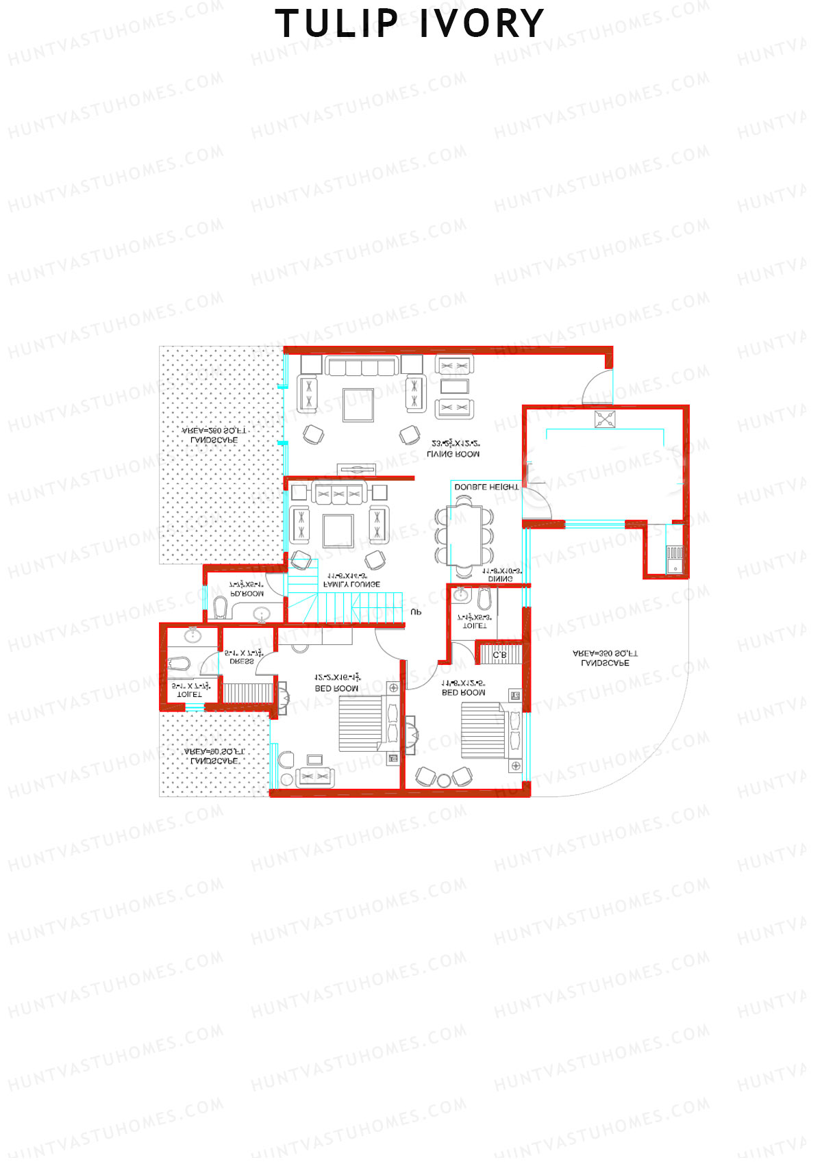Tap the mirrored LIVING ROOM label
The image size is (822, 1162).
453,454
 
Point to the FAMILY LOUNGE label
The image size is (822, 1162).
351,585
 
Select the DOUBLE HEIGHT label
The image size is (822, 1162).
486,487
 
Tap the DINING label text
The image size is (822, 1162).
500,579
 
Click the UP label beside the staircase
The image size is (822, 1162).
416,612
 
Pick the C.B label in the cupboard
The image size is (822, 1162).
499,655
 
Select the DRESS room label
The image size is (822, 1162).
242,661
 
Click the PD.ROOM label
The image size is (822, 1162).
247,594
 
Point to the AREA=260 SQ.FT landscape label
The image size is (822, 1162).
214,435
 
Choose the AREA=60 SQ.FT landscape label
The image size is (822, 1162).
214,756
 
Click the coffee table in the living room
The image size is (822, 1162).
358,405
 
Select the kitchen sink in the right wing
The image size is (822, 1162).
675,559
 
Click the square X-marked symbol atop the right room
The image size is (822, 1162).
604,419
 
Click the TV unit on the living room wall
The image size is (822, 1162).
357,470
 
